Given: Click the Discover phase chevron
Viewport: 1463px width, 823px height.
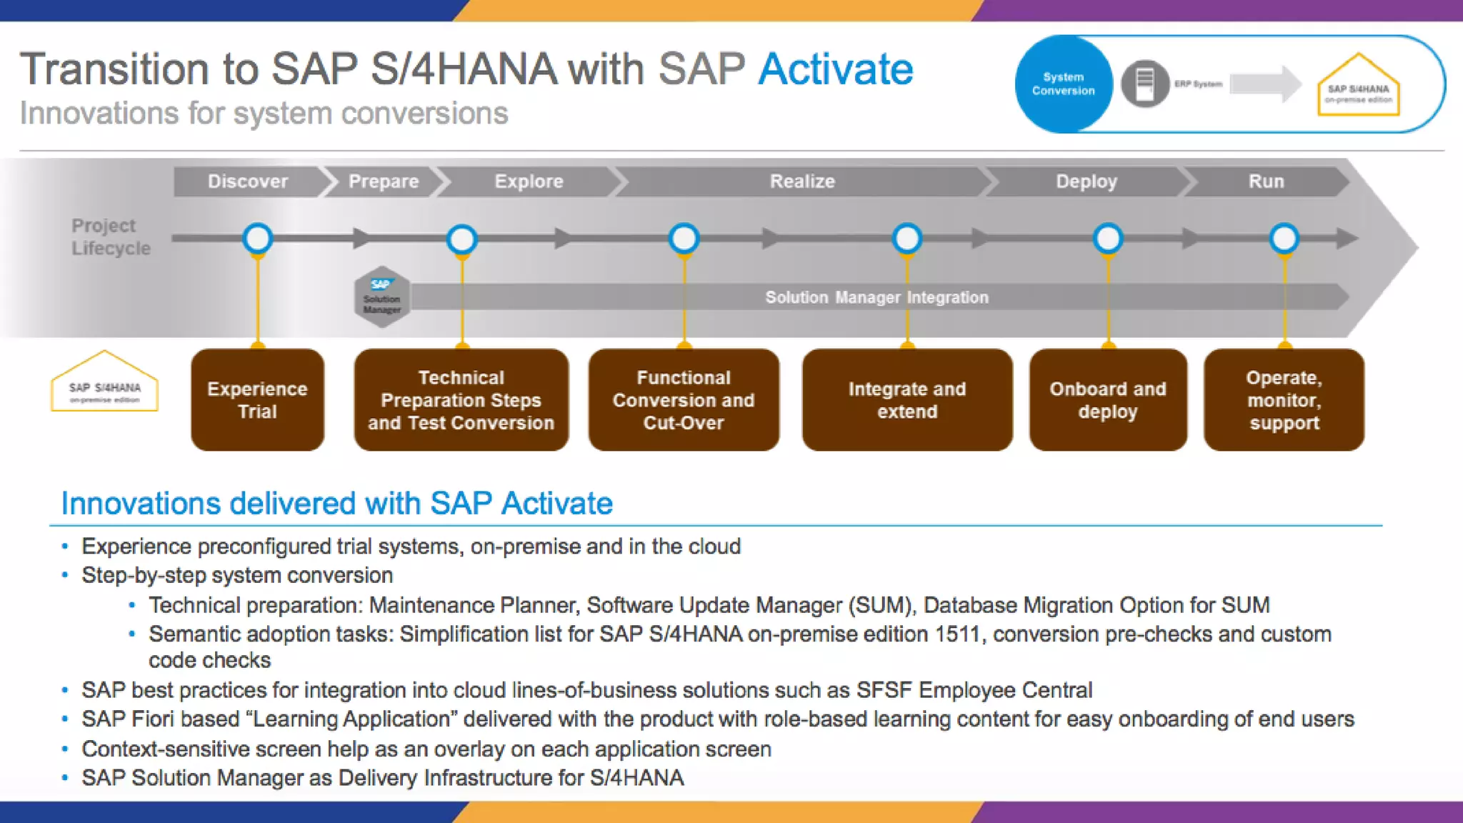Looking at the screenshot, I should pyautogui.click(x=248, y=181).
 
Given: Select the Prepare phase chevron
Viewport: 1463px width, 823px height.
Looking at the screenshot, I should pyautogui.click(x=384, y=181).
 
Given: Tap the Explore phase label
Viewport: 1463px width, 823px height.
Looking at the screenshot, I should pyautogui.click(x=529, y=181).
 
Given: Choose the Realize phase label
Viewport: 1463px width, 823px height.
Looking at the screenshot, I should pyautogui.click(x=802, y=181).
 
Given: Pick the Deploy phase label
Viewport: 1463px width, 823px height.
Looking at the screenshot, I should pyautogui.click(x=1087, y=181).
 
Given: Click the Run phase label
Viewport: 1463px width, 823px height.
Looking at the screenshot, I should pyautogui.click(x=1266, y=181).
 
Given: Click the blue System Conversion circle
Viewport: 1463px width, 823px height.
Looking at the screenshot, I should pyautogui.click(x=1063, y=84).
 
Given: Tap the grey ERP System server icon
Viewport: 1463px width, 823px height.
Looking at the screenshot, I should pyautogui.click(x=1144, y=84).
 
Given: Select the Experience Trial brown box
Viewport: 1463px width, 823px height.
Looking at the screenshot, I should pyautogui.click(x=257, y=400).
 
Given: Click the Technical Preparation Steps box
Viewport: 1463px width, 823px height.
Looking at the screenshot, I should pyautogui.click(x=461, y=400).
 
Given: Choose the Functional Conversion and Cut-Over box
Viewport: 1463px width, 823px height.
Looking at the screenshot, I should pyautogui.click(x=684, y=400).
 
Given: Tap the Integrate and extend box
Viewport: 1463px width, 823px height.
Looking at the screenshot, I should pyautogui.click(x=907, y=400).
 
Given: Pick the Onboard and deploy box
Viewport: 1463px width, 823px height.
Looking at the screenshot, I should pyautogui.click(x=1108, y=400).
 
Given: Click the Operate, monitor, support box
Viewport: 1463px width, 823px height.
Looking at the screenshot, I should pyautogui.click(x=1284, y=400).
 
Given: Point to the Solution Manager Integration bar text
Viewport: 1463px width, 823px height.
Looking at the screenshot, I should pyautogui.click(x=877, y=297).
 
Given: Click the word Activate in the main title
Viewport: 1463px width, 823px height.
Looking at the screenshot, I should pyautogui.click(x=835, y=69).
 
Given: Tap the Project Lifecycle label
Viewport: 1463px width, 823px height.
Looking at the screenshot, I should pyautogui.click(x=111, y=236).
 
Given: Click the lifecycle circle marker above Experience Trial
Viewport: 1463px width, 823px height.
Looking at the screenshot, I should pyautogui.click(x=257, y=238).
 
